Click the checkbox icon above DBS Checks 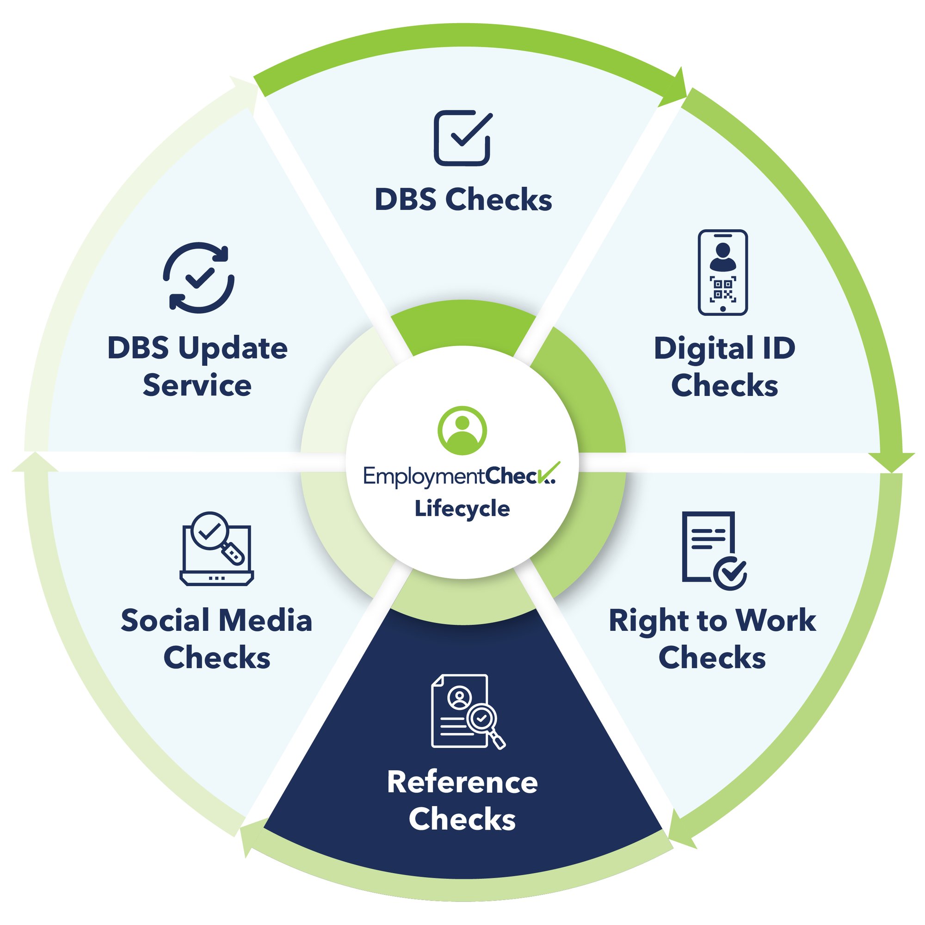pos(462,138)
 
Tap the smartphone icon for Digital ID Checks pos(722,272)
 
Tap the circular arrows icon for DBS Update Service pos(199,277)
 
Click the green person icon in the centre pos(462,430)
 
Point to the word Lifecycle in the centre pos(462,508)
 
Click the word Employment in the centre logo pos(424,476)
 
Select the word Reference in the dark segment pos(462,783)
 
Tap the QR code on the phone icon pos(722,290)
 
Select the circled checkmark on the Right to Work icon pos(730,573)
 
